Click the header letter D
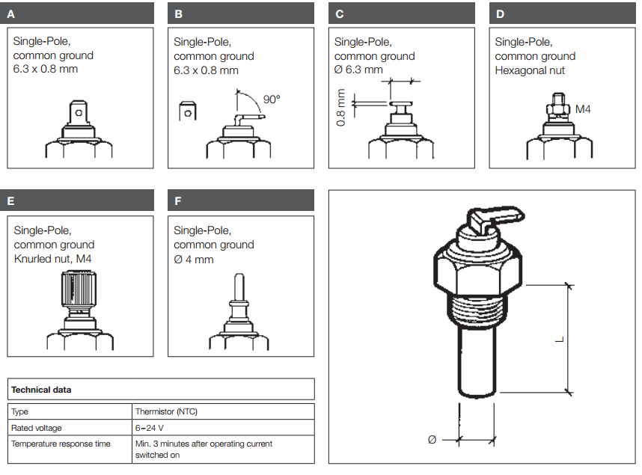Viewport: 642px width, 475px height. pyautogui.click(x=500, y=13)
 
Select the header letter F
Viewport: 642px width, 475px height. pyautogui.click(x=178, y=200)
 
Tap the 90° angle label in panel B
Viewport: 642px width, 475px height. pyautogui.click(x=272, y=99)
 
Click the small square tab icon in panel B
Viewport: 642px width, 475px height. pyautogui.click(x=188, y=111)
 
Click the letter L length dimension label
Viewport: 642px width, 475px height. pyautogui.click(x=558, y=340)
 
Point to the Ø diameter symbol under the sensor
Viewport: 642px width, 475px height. pyautogui.click(x=432, y=440)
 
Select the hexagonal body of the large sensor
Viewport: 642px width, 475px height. pyautogui.click(x=477, y=269)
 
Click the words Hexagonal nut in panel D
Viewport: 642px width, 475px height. pyautogui.click(x=530, y=70)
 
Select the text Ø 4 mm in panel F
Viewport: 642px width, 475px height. pyautogui.click(x=194, y=259)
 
